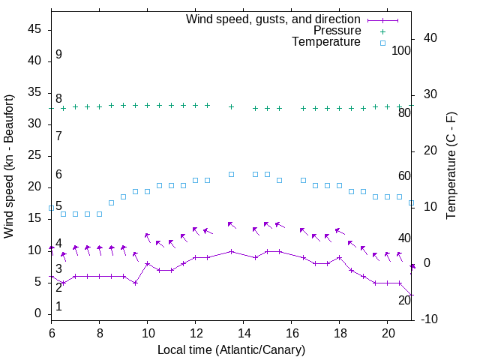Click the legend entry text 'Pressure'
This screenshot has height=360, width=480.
[337, 31]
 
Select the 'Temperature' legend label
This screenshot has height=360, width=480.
[326, 43]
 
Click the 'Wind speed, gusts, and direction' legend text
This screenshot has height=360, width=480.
[274, 19]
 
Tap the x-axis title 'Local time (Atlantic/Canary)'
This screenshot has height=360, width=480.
[231, 350]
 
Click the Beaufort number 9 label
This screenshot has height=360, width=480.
[58, 55]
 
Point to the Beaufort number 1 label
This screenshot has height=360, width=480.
[58, 307]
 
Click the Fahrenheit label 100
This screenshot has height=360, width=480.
[401, 51]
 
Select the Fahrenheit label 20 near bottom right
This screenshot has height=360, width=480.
[404, 300]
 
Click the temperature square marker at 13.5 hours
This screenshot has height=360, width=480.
[231, 174]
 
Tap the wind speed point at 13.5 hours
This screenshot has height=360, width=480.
[231, 251]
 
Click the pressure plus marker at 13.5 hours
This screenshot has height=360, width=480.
[231, 106]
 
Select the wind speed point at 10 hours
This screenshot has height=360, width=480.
[147, 263]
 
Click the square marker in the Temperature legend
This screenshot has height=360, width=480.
[382, 43]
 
